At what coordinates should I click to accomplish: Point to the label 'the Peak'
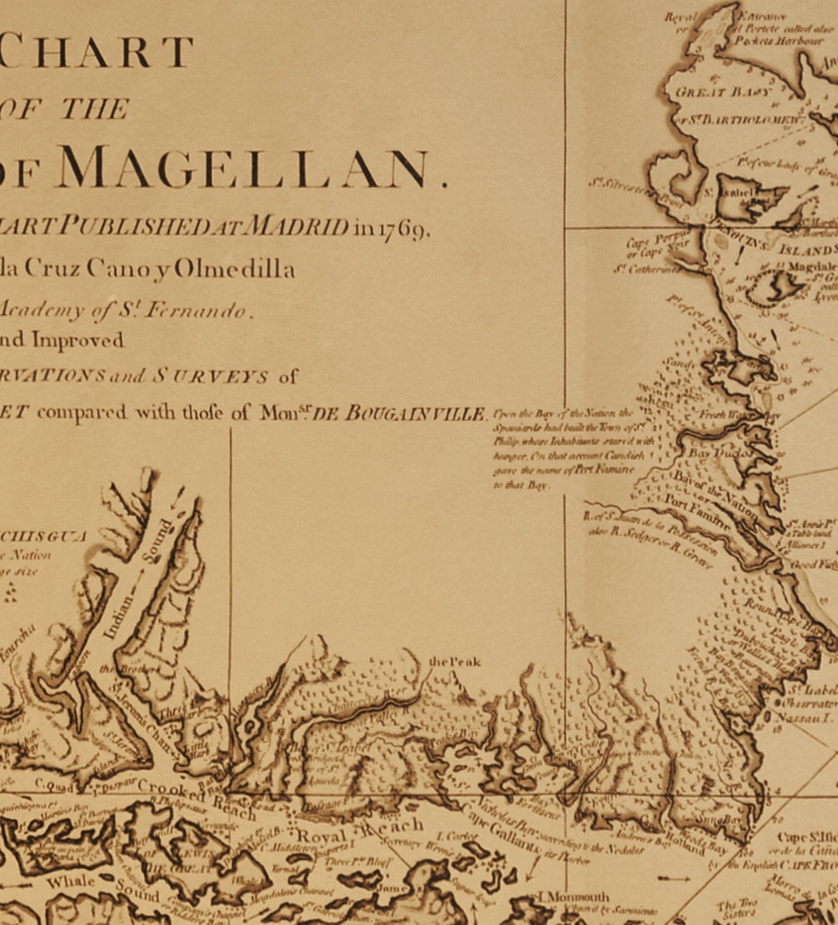coord(454,662)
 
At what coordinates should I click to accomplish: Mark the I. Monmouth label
coord(574,898)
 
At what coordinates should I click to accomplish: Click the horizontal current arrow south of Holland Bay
coord(673,878)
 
